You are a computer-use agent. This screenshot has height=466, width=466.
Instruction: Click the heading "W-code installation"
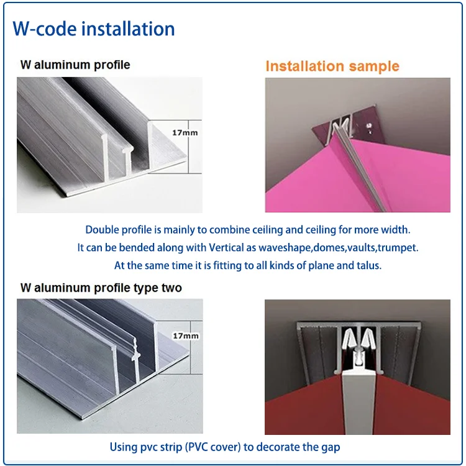94,29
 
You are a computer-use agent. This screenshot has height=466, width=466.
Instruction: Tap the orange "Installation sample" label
332,66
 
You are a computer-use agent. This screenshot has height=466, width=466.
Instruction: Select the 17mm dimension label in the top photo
185,132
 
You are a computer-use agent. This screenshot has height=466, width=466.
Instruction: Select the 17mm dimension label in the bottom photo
186,336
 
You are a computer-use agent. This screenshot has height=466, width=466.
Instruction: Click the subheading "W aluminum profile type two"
101,288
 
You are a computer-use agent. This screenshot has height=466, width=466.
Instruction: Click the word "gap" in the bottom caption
331,447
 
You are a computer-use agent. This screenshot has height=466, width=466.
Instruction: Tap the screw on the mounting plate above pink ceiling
370,127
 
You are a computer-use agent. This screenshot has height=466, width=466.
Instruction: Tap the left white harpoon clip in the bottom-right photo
348,338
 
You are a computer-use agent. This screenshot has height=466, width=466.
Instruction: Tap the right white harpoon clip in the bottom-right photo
368,338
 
